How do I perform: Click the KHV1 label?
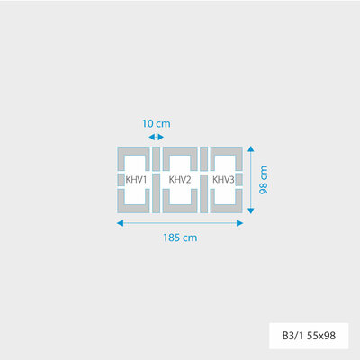pos(136,180)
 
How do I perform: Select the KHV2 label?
pos(180,180)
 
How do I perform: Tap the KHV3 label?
pos(223,180)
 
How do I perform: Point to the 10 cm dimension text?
pos(157,123)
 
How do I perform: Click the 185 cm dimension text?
pos(180,238)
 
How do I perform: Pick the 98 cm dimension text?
pos(264,180)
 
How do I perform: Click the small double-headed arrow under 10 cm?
pos(157,137)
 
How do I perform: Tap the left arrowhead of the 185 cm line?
pos(120,223)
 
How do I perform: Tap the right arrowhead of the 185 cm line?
pos(239,223)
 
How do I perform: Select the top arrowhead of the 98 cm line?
pos(251,149)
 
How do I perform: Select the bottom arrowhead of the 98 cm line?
pos(251,211)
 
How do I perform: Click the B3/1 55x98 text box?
pos(309,336)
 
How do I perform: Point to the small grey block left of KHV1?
pos(121,180)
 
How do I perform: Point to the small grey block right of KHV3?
pos(239,180)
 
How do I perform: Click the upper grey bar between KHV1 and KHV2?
pos(157,158)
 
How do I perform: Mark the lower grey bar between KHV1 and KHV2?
pos(157,193)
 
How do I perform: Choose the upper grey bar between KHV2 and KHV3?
pos(203,158)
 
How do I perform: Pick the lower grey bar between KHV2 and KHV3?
pos(203,193)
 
